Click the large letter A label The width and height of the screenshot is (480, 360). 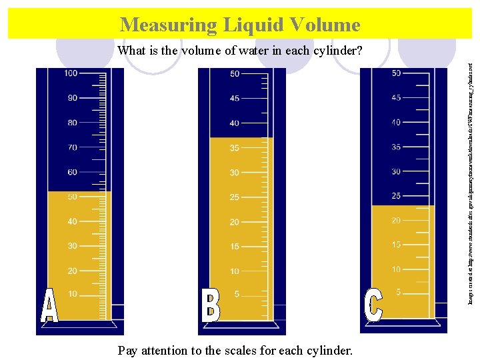point(49,306)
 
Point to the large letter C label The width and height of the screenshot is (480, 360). point(373,304)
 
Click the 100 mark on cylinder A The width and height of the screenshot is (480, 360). point(71,73)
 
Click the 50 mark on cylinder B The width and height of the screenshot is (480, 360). point(235,74)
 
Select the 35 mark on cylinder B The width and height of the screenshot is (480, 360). point(235,148)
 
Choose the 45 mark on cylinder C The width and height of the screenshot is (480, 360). point(396,98)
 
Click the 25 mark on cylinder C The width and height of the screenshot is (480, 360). point(396,196)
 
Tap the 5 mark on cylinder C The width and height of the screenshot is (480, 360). point(398,293)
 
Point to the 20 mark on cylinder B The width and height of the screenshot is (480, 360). point(235,222)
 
